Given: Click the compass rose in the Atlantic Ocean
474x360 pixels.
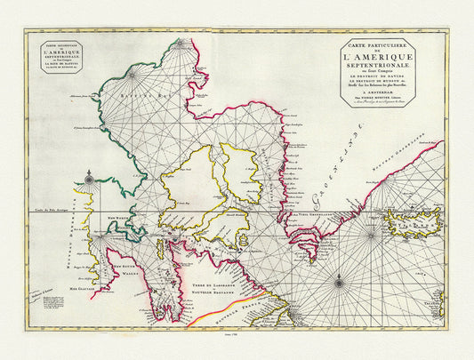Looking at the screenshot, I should [x=338, y=284].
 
